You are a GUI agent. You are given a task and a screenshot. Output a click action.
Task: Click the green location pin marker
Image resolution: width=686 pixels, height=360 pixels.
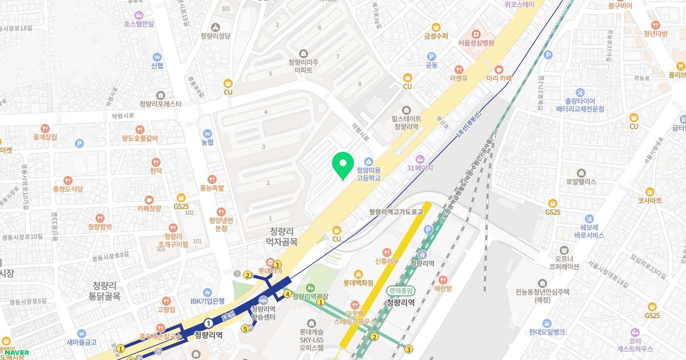pyautogui.click(x=343, y=165)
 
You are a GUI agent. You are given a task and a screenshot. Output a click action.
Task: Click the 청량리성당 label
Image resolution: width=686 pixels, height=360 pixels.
pyautogui.click(x=216, y=35)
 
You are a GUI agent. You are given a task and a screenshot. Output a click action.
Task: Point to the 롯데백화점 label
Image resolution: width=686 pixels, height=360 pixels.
pyautogui.click(x=358, y=282)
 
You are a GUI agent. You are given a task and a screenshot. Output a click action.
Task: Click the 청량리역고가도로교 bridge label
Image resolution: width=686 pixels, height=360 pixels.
pyautogui.click(x=396, y=212)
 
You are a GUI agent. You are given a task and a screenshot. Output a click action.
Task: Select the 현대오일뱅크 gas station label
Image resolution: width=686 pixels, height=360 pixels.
pyautogui.click(x=547, y=332)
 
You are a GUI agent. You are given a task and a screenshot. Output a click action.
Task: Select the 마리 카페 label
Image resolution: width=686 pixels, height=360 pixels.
pyautogui.click(x=499, y=78)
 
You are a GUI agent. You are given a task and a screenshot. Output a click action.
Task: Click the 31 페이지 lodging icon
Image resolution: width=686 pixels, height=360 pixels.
pyautogui.click(x=421, y=159)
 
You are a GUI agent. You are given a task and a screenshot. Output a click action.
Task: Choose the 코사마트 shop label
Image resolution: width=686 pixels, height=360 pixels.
pyautogui.click(x=649, y=201)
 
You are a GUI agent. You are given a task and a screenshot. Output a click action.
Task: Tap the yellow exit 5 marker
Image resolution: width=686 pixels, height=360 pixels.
pyautogui.click(x=245, y=329)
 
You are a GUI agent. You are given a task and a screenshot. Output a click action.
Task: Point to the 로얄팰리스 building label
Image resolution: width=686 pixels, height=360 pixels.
pyautogui.click(x=581, y=181)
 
